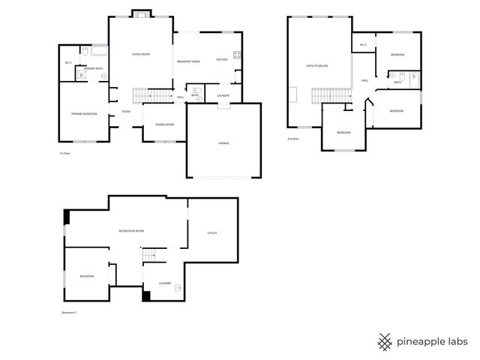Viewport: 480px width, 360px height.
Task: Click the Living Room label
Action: pos(142,54)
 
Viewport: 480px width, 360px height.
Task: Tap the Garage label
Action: pos(223,142)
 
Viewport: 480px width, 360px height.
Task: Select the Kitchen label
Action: pos(222,59)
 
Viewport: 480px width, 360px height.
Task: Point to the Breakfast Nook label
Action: pos(188,60)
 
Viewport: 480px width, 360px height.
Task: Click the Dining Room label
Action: pos(164,124)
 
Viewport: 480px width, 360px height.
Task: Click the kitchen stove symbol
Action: pos(237,55)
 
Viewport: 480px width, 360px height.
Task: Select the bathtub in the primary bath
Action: pos(97,52)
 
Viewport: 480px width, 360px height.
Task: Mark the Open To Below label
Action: pos(317,66)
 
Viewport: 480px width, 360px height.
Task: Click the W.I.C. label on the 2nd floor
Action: pos(363,45)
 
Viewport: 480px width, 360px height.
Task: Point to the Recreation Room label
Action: pos(131,231)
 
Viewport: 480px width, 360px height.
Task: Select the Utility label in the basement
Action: pos(212,233)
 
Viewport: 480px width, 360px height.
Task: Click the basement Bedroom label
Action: pos(87,276)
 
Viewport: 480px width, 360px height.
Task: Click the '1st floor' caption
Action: pos(64,153)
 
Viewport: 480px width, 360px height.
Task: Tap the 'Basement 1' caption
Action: pos(69,312)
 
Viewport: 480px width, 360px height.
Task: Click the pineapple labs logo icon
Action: pos(385,341)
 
